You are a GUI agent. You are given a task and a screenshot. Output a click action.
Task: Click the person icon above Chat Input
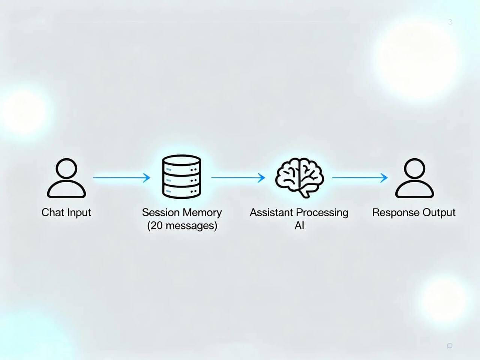66,178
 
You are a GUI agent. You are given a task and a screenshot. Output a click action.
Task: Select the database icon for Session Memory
181,177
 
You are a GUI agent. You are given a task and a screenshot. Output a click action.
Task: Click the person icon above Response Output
414,178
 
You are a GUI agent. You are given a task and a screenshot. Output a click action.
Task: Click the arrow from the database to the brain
238,178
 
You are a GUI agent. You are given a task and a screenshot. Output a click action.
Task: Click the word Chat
52,213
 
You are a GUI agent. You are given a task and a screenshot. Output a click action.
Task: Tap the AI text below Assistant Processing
299,226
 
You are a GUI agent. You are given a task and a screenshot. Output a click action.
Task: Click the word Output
439,213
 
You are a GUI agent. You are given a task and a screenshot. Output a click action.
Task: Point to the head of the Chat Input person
66,168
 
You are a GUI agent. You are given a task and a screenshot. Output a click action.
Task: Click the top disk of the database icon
181,161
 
